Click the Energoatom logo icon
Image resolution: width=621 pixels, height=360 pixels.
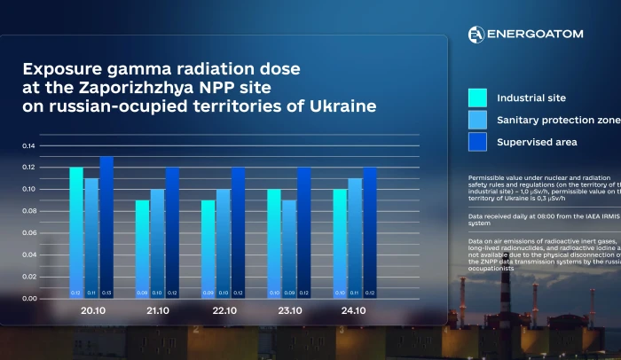(476, 34)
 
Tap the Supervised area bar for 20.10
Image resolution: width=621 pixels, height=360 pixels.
(106, 227)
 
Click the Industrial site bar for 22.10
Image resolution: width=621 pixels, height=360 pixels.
(208, 249)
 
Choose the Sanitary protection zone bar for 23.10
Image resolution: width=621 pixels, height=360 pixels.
(288, 249)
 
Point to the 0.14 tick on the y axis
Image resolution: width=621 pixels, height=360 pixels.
(30, 145)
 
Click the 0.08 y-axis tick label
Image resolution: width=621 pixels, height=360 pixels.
(30, 211)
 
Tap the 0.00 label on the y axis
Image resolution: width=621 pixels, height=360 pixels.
(30, 299)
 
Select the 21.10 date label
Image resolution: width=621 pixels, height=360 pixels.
(157, 312)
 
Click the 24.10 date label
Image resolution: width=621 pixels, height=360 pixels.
(355, 312)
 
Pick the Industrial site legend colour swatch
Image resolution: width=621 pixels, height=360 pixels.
(477, 98)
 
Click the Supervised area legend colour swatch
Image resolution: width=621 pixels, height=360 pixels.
(477, 142)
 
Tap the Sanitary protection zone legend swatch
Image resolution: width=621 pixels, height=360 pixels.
(477, 120)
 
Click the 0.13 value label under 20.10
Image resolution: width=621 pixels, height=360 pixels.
(106, 293)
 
